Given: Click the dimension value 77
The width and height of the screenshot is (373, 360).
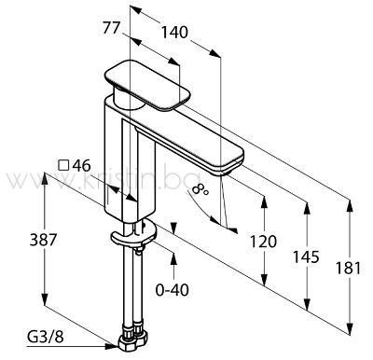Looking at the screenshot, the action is coord(111,29).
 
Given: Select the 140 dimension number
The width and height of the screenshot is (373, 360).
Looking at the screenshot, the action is coord(174,33).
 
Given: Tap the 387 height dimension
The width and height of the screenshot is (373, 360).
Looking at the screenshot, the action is coord(44,240).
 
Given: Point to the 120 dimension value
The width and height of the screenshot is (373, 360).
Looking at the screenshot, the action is coord(263,242).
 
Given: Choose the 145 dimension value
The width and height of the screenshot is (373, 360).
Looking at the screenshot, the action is coord(306,256).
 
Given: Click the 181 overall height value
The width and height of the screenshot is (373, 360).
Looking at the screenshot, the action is coord(348,269).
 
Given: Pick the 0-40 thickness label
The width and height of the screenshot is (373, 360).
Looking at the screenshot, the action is coord(173,290).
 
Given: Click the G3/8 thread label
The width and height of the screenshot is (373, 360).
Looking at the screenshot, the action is coord(46,336).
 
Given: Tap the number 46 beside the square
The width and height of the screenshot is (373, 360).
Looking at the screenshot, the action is coord(81,165).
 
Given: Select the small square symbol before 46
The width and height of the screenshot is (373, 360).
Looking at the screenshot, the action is coord(63,165).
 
